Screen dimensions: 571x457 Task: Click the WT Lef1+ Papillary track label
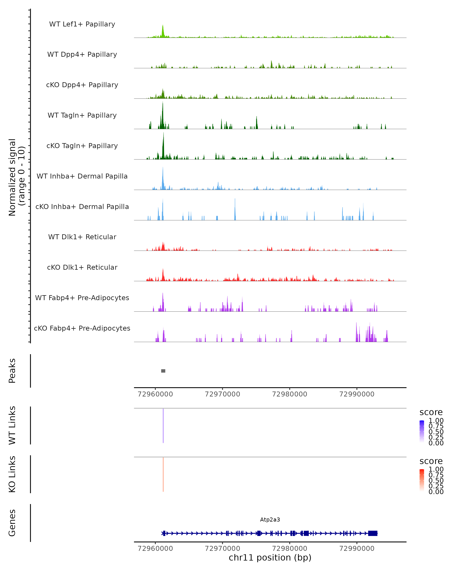tap(82, 24)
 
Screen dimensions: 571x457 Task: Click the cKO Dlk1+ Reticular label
tap(82, 267)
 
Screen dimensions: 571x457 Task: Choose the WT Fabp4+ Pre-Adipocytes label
tap(82, 298)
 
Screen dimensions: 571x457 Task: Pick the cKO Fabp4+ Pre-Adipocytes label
tap(82, 328)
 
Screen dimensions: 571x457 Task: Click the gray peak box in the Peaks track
tap(163, 371)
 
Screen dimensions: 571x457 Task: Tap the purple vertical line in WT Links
tap(163, 426)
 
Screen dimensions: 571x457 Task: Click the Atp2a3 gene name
tap(270, 520)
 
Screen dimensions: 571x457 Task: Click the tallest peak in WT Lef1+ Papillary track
tap(163, 29)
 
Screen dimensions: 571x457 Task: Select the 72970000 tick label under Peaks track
tap(223, 394)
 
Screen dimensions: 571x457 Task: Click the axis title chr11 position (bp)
tap(270, 557)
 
